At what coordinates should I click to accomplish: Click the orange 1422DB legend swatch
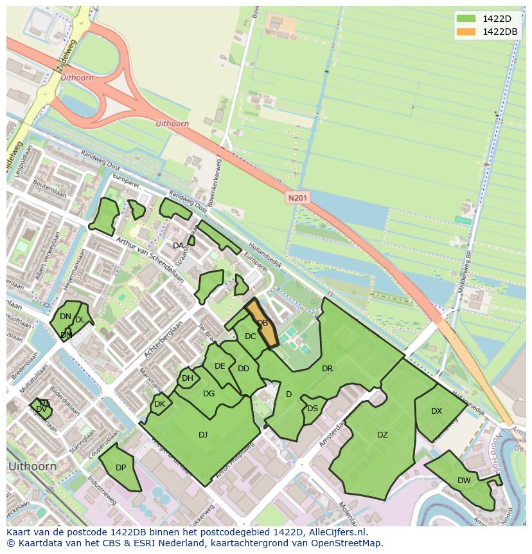coord(466,32)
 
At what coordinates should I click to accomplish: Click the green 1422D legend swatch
coord(466,19)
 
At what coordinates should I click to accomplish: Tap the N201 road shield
coord(297,198)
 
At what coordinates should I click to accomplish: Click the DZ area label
coord(382,435)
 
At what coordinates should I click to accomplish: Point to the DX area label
coord(436,411)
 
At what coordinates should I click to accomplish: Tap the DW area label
coord(464,481)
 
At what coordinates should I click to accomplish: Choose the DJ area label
coord(203,435)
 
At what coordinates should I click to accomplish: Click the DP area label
coord(121,468)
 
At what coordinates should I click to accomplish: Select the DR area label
coord(327,369)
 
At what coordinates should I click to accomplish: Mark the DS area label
coord(312,409)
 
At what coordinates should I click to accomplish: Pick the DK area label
coord(160,404)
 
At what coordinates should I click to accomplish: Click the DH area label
coord(187,378)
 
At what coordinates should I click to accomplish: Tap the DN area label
coord(66,317)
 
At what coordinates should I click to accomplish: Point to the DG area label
coord(209,394)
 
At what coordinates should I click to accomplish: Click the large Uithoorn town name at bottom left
coord(32,466)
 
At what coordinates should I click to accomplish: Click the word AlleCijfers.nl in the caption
coord(335,532)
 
